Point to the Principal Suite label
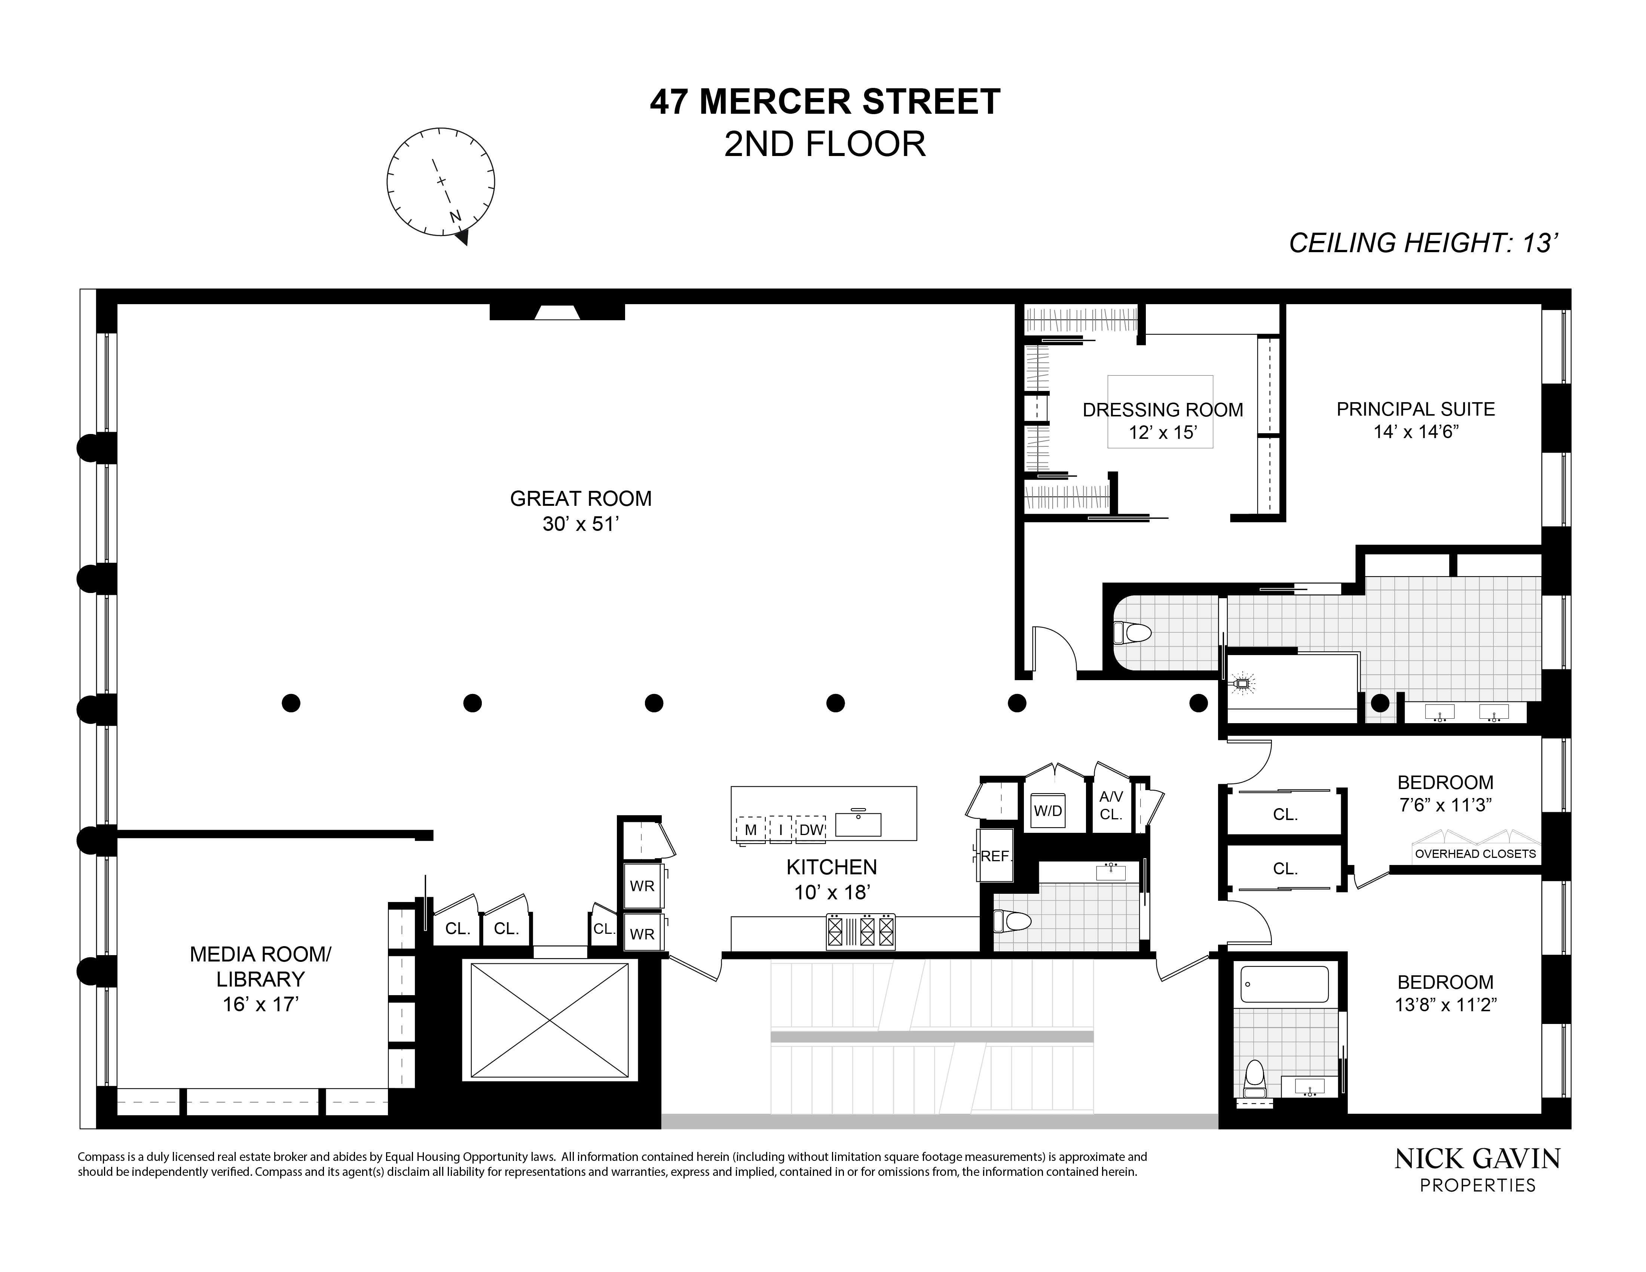[1416, 409]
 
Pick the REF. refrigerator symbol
[995, 856]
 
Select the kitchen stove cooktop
[861, 931]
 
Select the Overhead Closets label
[1475, 854]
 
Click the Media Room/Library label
[260, 967]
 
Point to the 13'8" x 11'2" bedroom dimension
[1445, 1005]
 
